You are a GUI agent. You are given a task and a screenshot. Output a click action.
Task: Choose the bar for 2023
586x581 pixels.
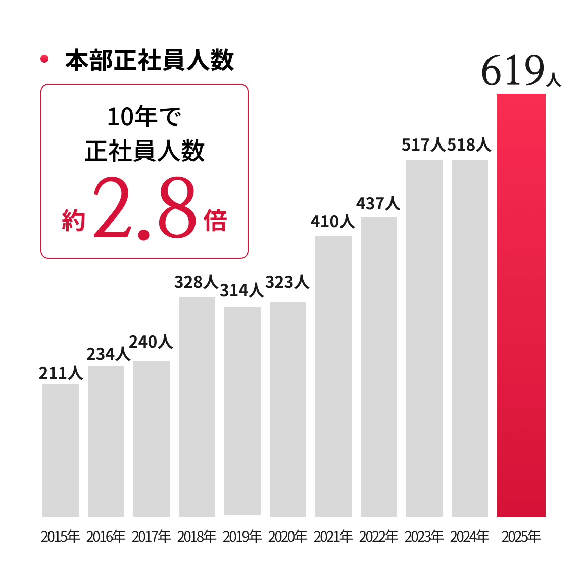[x=424, y=338]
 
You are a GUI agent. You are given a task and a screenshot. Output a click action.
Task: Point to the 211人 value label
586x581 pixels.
[x=61, y=373]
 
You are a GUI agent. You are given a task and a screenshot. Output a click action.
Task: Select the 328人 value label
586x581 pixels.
[x=196, y=282]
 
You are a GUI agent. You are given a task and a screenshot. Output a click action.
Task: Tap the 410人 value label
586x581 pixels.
[x=332, y=221]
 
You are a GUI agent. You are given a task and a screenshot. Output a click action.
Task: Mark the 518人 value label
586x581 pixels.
[x=469, y=146]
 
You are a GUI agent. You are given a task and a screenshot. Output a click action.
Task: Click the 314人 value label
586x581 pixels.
[x=242, y=290]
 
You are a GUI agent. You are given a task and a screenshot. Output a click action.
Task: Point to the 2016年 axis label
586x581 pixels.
[x=106, y=536]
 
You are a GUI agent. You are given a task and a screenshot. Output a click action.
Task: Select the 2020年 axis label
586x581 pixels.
[x=288, y=536]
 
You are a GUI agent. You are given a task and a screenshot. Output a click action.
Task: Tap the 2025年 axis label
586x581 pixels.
[x=521, y=536]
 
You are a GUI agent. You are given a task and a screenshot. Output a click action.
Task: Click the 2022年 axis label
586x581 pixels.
[x=379, y=536]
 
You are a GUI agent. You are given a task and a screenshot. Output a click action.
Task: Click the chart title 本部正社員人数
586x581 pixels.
[x=150, y=60]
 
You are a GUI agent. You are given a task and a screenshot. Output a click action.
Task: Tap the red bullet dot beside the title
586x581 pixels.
[x=44, y=59]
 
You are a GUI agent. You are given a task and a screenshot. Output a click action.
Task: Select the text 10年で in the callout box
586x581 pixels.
[x=144, y=117]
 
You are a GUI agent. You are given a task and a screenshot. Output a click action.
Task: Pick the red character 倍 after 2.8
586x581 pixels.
[x=216, y=221]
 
